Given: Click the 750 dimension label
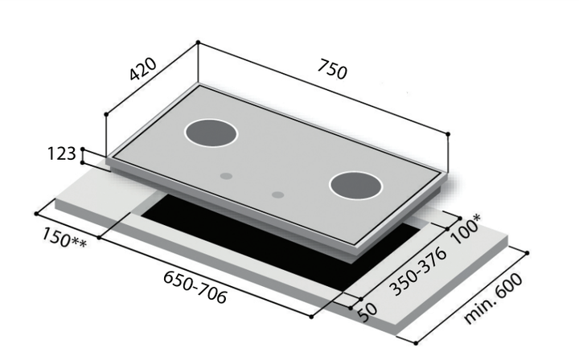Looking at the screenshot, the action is pyautogui.click(x=332, y=69).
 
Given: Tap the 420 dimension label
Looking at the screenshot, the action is pyautogui.click(x=143, y=68).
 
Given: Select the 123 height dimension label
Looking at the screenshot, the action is pyautogui.click(x=62, y=153).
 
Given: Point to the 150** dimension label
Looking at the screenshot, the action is pyautogui.click(x=64, y=238).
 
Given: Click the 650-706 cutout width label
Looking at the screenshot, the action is pyautogui.click(x=195, y=288).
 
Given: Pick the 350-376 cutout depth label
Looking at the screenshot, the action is pyautogui.click(x=418, y=271).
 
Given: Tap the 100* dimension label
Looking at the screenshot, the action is pyautogui.click(x=466, y=229).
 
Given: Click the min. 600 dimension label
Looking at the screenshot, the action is pyautogui.click(x=493, y=298).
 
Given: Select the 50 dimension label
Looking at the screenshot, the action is pyautogui.click(x=368, y=313).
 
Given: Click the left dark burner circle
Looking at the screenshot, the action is pyautogui.click(x=211, y=133).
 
